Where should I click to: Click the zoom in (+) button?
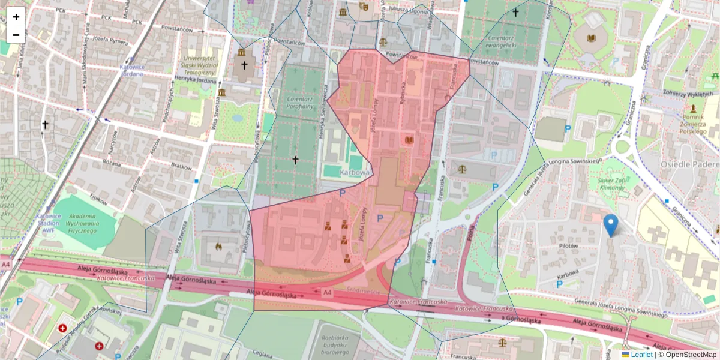tap(16, 17)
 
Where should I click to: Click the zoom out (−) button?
tap(16, 34)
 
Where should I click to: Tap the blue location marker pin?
tap(611, 225)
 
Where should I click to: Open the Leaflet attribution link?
tap(641, 355)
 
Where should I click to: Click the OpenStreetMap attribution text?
tap(689, 355)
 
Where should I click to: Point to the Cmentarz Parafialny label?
tap(301, 102)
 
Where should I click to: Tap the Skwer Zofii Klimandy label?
tap(611, 183)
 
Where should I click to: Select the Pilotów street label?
tap(567, 246)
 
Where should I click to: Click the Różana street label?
tap(112, 162)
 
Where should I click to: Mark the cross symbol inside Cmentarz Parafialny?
tap(295, 160)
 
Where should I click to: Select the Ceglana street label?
tap(265, 354)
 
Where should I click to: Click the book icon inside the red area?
tap(410, 140)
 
